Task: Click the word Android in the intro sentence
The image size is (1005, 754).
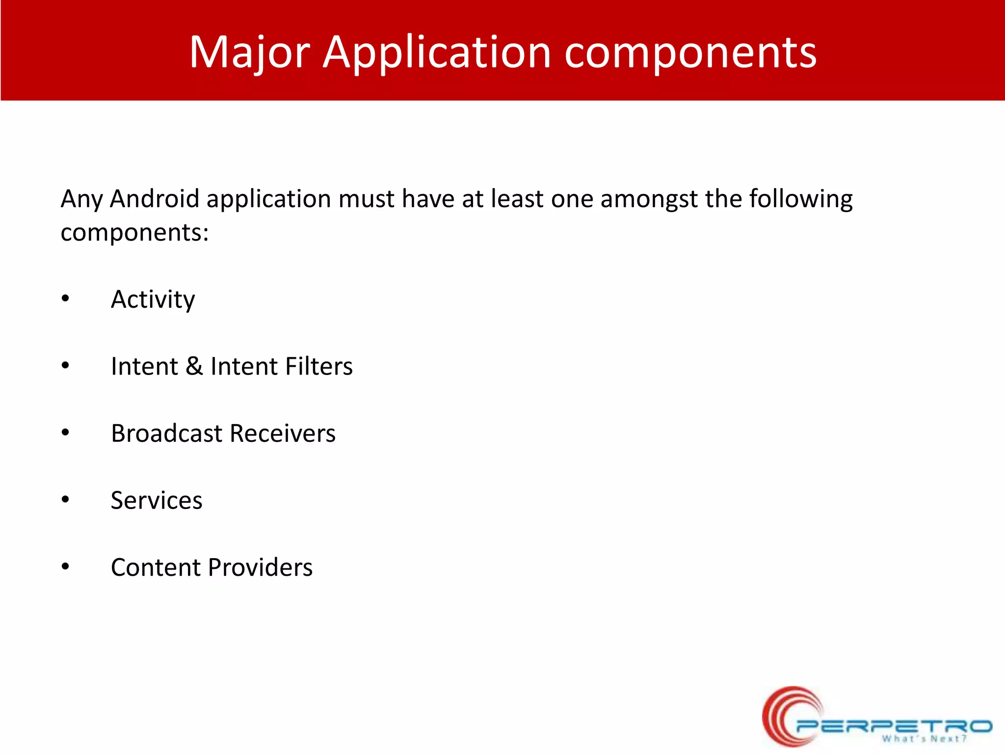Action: coord(155,199)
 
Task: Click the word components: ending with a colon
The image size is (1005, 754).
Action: coord(134,232)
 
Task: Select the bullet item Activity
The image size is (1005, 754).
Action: coord(153,299)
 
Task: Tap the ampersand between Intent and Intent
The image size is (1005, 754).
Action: coord(194,366)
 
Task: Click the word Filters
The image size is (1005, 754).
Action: coord(319,366)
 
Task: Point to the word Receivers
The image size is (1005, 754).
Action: coord(283,433)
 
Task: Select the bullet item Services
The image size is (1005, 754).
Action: coord(157,500)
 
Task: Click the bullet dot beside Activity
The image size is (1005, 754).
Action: coord(65,299)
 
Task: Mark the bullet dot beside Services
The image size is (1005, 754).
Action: coord(65,500)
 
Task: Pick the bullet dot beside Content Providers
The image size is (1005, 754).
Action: coord(65,567)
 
